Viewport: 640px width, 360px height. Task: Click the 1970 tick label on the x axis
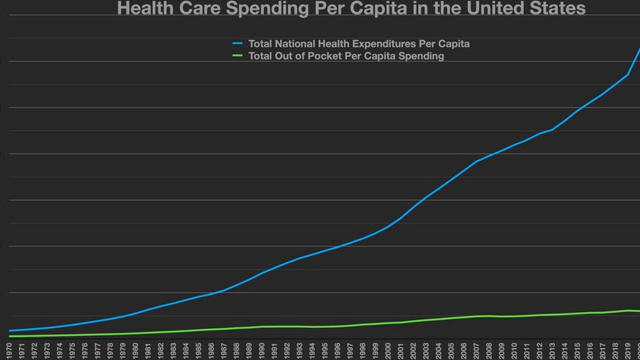pyautogui.click(x=9, y=350)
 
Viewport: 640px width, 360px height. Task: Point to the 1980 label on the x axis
pyautogui.click(x=135, y=350)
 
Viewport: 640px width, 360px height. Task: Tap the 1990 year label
pyautogui.click(x=262, y=350)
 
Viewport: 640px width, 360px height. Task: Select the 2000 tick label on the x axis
pyautogui.click(x=388, y=350)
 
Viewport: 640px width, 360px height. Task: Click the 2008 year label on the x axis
pyautogui.click(x=490, y=350)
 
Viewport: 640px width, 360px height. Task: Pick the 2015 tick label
pyautogui.click(x=578, y=350)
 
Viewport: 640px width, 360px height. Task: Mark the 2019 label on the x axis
pyautogui.click(x=628, y=350)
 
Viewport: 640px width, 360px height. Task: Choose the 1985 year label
pyautogui.click(x=198, y=350)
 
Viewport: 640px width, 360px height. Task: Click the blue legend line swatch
pyautogui.click(x=238, y=43)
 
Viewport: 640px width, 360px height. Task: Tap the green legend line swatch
pyautogui.click(x=238, y=57)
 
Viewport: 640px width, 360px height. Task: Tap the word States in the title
pyautogui.click(x=557, y=10)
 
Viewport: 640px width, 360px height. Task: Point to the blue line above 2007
pyautogui.click(x=477, y=162)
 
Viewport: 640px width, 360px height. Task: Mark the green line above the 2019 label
pyautogui.click(x=628, y=310)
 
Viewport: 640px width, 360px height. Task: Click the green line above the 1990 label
pyautogui.click(x=262, y=326)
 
